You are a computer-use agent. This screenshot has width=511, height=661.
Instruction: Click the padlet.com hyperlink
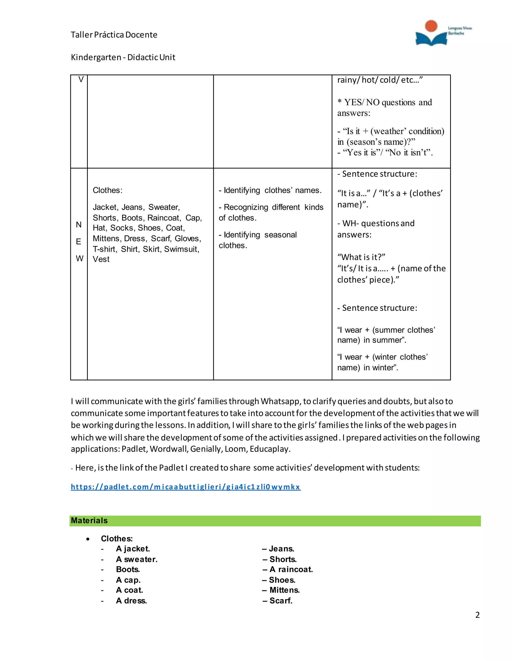[x=186, y=487]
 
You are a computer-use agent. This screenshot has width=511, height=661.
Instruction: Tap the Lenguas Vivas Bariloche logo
[x=443, y=33]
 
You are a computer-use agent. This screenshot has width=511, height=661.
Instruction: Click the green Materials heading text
[x=89, y=521]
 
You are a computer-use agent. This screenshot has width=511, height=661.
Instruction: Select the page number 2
[x=477, y=615]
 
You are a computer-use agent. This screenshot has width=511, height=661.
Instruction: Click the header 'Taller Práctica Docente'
[x=114, y=35]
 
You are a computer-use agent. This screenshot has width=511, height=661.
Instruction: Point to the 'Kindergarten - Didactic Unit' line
[x=123, y=57]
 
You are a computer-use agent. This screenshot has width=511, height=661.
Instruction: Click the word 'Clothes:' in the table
[x=108, y=190]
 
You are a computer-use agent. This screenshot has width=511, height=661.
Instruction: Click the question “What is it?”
[x=361, y=257]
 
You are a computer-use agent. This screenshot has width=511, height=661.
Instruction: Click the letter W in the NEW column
[x=79, y=258]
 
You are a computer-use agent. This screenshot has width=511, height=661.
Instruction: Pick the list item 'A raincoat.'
[x=291, y=569]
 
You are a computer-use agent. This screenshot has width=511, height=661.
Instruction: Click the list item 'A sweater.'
[x=136, y=559]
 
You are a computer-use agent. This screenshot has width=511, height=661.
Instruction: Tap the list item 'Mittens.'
[x=284, y=590]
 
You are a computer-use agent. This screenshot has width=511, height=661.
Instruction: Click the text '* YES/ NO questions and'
[x=385, y=103]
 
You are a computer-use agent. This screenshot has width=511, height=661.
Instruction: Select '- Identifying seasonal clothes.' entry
[x=257, y=240]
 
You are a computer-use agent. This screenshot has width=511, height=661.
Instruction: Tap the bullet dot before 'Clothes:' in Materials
[x=88, y=539]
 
